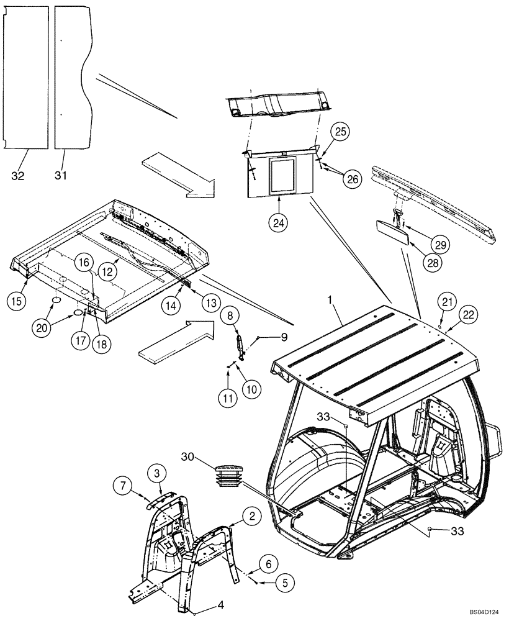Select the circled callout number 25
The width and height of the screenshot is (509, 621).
point(341,132)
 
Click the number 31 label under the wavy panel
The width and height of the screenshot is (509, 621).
point(60,176)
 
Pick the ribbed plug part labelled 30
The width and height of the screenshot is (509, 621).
point(230,476)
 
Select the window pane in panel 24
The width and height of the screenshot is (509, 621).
point(283,173)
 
